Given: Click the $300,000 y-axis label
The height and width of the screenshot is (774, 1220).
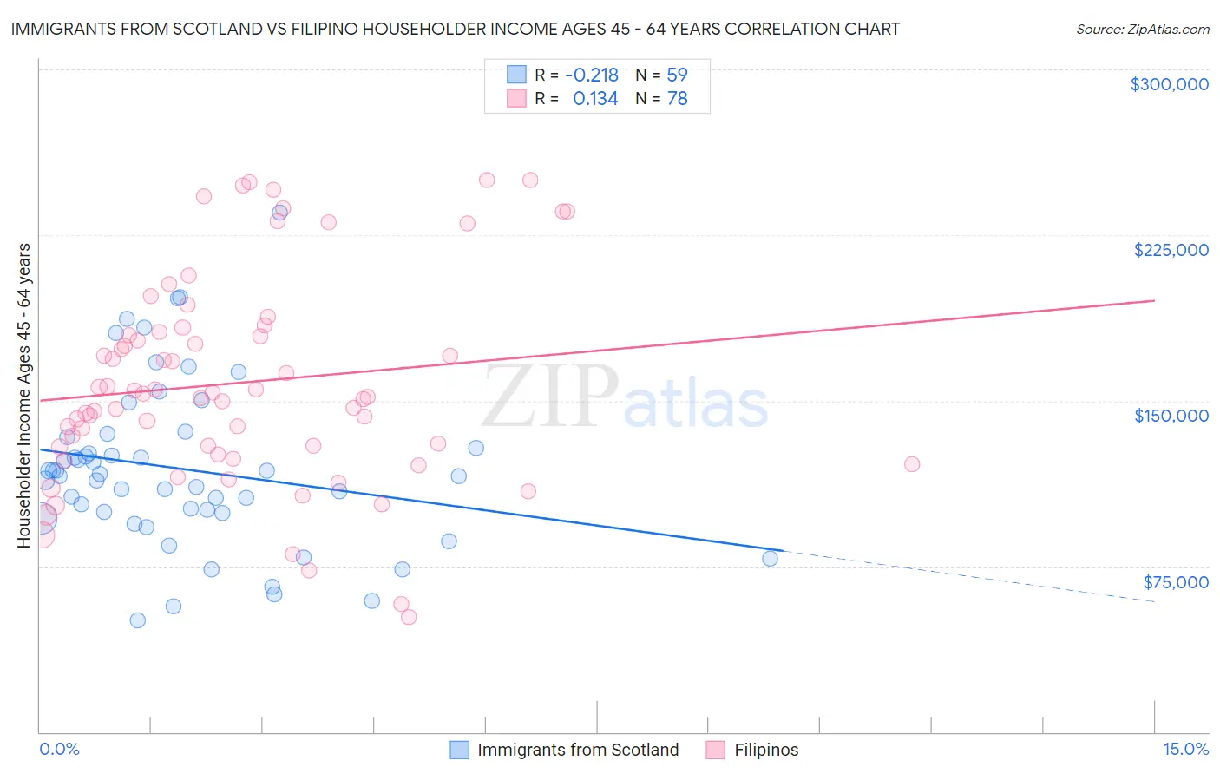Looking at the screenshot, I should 1169,84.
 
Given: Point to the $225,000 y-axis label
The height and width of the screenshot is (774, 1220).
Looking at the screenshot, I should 1171,250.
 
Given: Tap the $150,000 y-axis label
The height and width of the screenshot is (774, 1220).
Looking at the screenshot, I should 1171,416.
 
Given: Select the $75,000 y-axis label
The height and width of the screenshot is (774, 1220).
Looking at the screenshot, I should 1176,582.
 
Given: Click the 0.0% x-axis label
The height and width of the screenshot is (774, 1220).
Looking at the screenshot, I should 59,749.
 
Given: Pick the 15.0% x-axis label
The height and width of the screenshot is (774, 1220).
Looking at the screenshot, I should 1185,749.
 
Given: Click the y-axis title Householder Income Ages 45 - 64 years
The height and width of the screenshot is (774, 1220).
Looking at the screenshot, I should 23,396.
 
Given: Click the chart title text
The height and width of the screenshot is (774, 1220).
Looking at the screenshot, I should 455,29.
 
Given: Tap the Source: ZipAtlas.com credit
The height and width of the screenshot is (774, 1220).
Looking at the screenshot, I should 1142,29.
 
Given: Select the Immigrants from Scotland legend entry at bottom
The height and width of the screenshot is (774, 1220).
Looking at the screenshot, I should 577,750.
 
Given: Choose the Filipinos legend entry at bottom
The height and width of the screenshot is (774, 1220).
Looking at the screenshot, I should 766,750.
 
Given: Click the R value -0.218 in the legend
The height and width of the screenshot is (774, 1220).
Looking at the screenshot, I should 591,75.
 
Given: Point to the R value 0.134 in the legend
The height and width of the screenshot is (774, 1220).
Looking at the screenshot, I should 595,99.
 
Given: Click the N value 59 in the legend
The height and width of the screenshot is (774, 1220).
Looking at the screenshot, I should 677,75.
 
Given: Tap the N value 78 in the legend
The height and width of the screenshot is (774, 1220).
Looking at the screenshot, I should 677,99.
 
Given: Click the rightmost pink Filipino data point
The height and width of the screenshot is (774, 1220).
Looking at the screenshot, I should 911,464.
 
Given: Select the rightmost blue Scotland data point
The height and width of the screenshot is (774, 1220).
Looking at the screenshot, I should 770,558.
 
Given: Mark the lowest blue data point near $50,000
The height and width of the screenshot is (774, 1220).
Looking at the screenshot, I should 137,620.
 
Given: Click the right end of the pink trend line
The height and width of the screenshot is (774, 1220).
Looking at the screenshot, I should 1153,300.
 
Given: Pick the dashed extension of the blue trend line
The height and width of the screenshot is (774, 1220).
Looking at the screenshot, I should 972,577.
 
